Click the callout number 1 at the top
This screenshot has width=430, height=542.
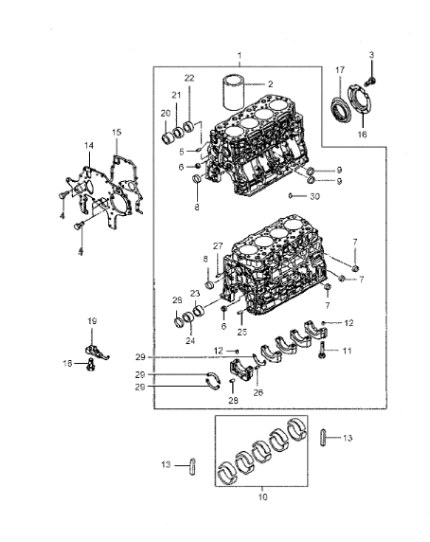coord(240,56)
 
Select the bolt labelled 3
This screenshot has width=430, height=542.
coord(370,81)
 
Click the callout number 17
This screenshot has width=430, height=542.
coord(340,70)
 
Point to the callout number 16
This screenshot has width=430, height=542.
coord(362,135)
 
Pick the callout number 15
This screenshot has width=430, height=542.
coord(116,132)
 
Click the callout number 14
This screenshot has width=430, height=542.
coord(89,146)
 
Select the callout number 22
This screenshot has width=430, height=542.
coord(189,78)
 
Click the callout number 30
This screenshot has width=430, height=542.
coord(314,196)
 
